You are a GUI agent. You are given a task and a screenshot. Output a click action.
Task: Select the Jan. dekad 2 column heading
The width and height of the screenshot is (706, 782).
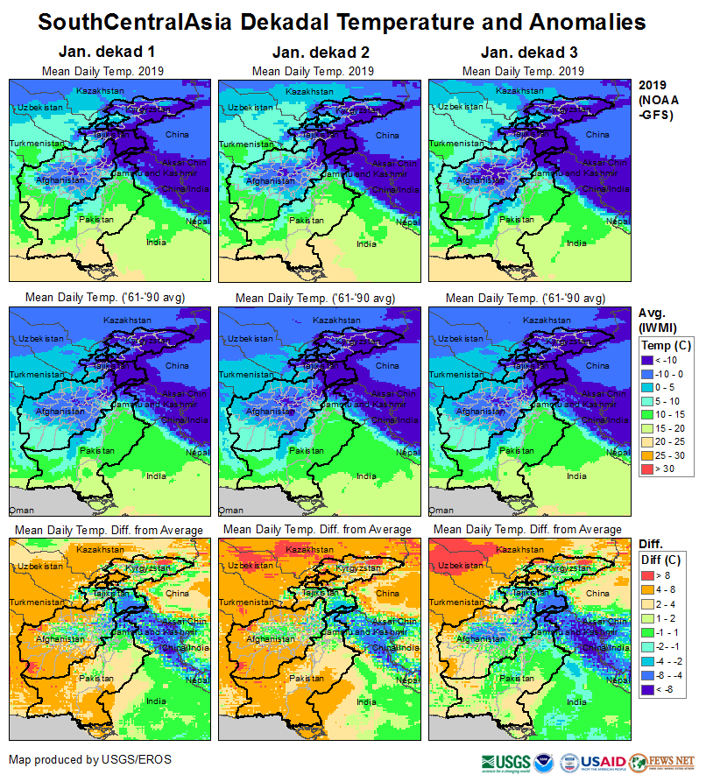point(313,53)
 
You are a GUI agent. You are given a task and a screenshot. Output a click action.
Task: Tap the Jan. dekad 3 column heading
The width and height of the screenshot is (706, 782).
point(523,53)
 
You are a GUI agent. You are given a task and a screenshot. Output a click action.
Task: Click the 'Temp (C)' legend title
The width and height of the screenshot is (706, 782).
point(667,345)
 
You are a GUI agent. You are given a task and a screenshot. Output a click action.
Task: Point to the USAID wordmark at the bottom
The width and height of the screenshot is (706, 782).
point(602,762)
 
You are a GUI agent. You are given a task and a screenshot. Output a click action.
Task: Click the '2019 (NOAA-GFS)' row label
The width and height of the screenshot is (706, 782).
point(658,100)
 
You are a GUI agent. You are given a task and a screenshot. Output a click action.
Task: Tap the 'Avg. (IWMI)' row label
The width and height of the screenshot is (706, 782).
point(658,320)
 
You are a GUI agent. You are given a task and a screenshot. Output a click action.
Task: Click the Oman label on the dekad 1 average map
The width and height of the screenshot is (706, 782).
point(19,510)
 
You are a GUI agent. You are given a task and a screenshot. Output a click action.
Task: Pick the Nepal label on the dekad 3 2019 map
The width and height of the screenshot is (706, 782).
point(618,222)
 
